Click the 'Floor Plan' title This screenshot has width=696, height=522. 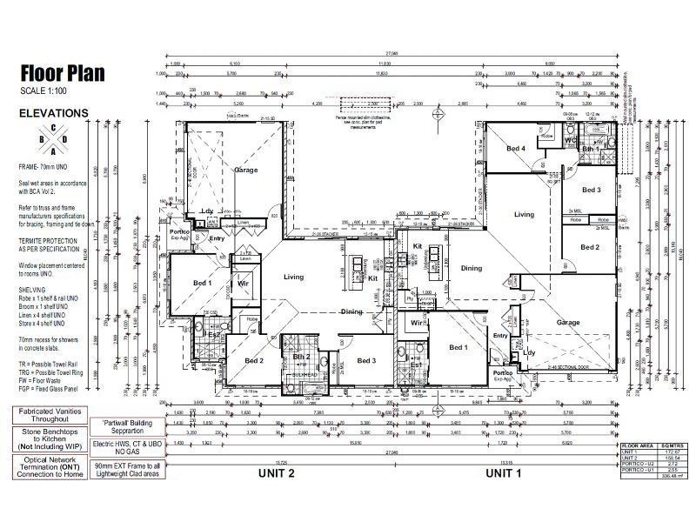tap(63, 73)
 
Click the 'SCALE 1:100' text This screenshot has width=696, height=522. tap(44, 91)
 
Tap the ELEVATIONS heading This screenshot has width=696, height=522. tap(54, 112)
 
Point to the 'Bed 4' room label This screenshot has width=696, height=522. tap(517, 149)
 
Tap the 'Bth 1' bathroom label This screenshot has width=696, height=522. tap(589, 150)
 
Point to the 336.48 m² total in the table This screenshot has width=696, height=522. tap(671, 476)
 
